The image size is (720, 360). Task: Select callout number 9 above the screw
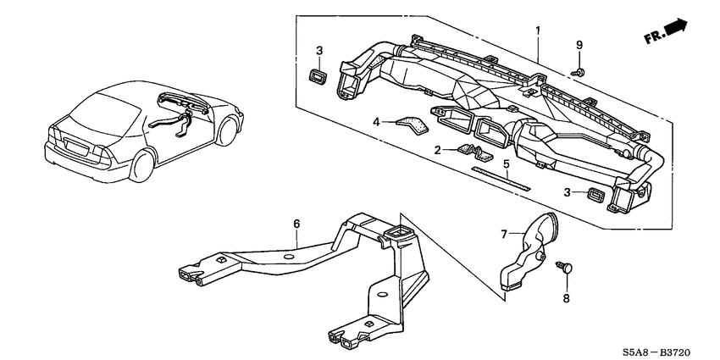point(579,45)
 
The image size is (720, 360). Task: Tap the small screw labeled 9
point(578,72)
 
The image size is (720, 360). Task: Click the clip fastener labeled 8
point(566,268)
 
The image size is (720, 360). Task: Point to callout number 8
point(566,298)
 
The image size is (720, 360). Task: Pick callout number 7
point(504,235)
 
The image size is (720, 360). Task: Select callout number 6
point(296,224)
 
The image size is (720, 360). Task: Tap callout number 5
point(507,164)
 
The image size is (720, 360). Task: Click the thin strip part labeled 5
point(501,178)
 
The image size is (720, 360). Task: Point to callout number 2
point(438,150)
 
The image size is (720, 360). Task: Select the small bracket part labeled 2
point(475,152)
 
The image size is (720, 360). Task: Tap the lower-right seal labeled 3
point(596,195)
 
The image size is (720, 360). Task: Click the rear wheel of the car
point(142,165)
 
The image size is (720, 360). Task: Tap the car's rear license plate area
point(77,147)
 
